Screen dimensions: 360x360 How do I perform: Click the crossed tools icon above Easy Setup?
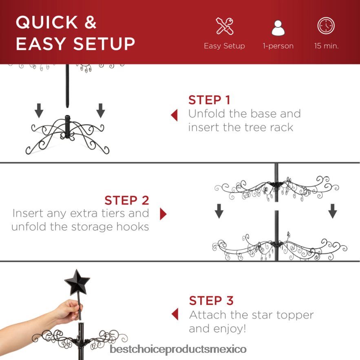point(225,26)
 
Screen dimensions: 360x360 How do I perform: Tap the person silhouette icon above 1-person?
point(278,28)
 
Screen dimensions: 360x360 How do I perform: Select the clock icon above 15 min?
point(326,26)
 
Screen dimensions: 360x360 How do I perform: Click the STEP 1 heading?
point(209,100)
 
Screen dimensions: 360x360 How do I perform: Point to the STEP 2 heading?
point(127,200)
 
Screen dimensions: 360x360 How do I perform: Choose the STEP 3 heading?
point(211,300)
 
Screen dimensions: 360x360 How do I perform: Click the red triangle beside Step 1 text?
point(174,115)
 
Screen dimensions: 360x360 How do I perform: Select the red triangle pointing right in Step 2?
point(163,214)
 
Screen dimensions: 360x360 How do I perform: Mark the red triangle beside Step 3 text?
point(175,314)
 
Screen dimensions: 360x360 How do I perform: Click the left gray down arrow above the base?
point(39,110)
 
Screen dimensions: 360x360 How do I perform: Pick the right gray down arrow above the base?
point(101,110)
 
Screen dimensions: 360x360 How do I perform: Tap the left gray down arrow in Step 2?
point(219,211)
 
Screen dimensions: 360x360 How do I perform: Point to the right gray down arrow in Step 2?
point(333,211)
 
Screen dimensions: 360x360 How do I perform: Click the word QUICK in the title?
point(47,22)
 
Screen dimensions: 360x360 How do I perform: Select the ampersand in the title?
point(91,22)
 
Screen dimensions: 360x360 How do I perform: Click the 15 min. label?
point(326,46)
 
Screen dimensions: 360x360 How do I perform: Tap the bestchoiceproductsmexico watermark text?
point(178,349)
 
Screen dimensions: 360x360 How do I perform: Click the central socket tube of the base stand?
point(67,126)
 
